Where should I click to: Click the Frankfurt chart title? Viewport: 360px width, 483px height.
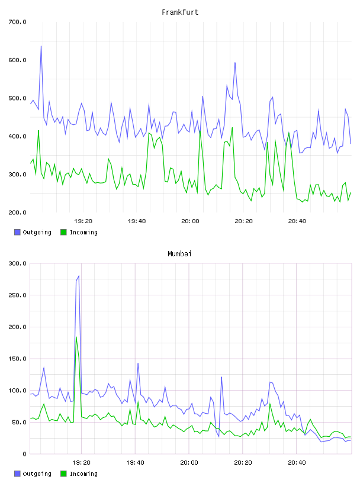point(180,12)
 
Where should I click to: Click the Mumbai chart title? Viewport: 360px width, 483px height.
point(179,254)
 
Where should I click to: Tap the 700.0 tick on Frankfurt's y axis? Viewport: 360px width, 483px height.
point(17,22)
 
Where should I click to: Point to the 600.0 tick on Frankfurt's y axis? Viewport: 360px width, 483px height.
point(17,60)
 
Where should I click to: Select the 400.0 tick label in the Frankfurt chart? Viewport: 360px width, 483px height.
point(17,136)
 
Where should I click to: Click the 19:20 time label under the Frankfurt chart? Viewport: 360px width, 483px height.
point(83,221)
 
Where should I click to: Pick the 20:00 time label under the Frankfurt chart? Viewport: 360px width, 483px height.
point(190,221)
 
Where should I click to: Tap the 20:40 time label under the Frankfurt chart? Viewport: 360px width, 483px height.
point(297,221)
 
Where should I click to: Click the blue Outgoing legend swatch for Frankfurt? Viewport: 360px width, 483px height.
point(17,232)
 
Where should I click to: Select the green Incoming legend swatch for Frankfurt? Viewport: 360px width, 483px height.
point(63,232)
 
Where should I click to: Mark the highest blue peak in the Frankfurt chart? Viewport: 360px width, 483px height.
point(41,46)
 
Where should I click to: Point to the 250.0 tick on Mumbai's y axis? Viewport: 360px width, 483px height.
point(17,295)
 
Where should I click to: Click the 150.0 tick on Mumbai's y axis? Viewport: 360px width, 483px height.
point(17,359)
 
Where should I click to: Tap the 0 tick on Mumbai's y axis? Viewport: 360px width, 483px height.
point(24,454)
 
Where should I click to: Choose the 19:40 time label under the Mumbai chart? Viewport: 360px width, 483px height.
point(136,462)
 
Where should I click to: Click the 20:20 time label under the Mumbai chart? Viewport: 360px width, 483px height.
point(243,462)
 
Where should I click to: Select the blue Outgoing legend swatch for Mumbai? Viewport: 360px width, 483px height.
point(17,474)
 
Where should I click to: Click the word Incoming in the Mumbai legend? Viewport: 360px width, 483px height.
point(83,474)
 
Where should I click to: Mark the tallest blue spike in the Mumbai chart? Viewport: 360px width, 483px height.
point(79,276)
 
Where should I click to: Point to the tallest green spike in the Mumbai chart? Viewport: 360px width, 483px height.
point(76,337)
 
